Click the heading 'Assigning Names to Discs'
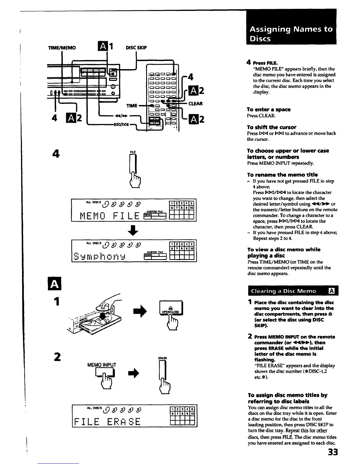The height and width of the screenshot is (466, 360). point(291,34)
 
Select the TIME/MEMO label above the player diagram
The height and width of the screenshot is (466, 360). point(62,48)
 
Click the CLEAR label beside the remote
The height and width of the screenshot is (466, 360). point(195,104)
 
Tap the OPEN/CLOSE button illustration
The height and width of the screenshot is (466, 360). point(171,308)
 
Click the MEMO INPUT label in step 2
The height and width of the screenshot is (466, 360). point(102,365)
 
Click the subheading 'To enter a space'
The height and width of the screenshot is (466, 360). point(269,109)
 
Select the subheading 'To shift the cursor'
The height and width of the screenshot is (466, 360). point(271,127)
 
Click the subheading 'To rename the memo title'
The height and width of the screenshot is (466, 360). point(282,175)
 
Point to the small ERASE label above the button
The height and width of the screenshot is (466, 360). point(163,358)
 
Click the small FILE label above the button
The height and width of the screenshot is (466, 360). point(133,152)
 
